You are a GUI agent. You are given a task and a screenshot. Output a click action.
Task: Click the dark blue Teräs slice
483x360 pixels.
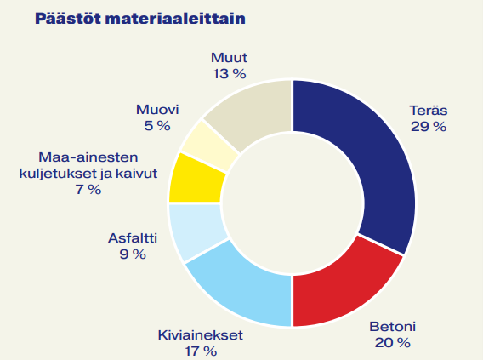(x=374, y=162)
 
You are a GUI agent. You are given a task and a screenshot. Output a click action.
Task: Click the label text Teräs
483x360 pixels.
(x=428, y=111)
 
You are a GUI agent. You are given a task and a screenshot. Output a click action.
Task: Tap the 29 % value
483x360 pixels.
(x=428, y=126)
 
